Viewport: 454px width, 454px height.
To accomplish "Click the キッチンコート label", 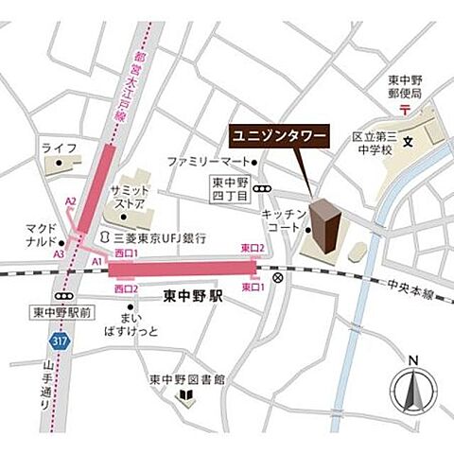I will (x=281, y=222).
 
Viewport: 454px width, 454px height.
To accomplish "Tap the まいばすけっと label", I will (x=138, y=324).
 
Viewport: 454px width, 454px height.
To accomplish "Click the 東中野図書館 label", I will (x=186, y=380).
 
